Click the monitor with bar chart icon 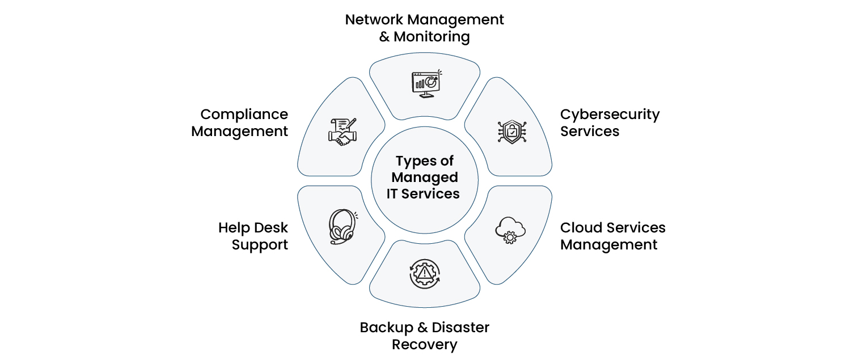[x=425, y=84]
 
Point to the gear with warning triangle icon [x=424, y=274]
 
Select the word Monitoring [x=432, y=37]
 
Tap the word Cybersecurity [x=610, y=115]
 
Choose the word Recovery [x=424, y=345]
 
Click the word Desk [x=271, y=228]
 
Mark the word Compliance [x=244, y=115]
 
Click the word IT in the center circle [x=393, y=193]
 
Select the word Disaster [x=460, y=328]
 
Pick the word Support [x=260, y=245]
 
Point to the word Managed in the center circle [x=425, y=177]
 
